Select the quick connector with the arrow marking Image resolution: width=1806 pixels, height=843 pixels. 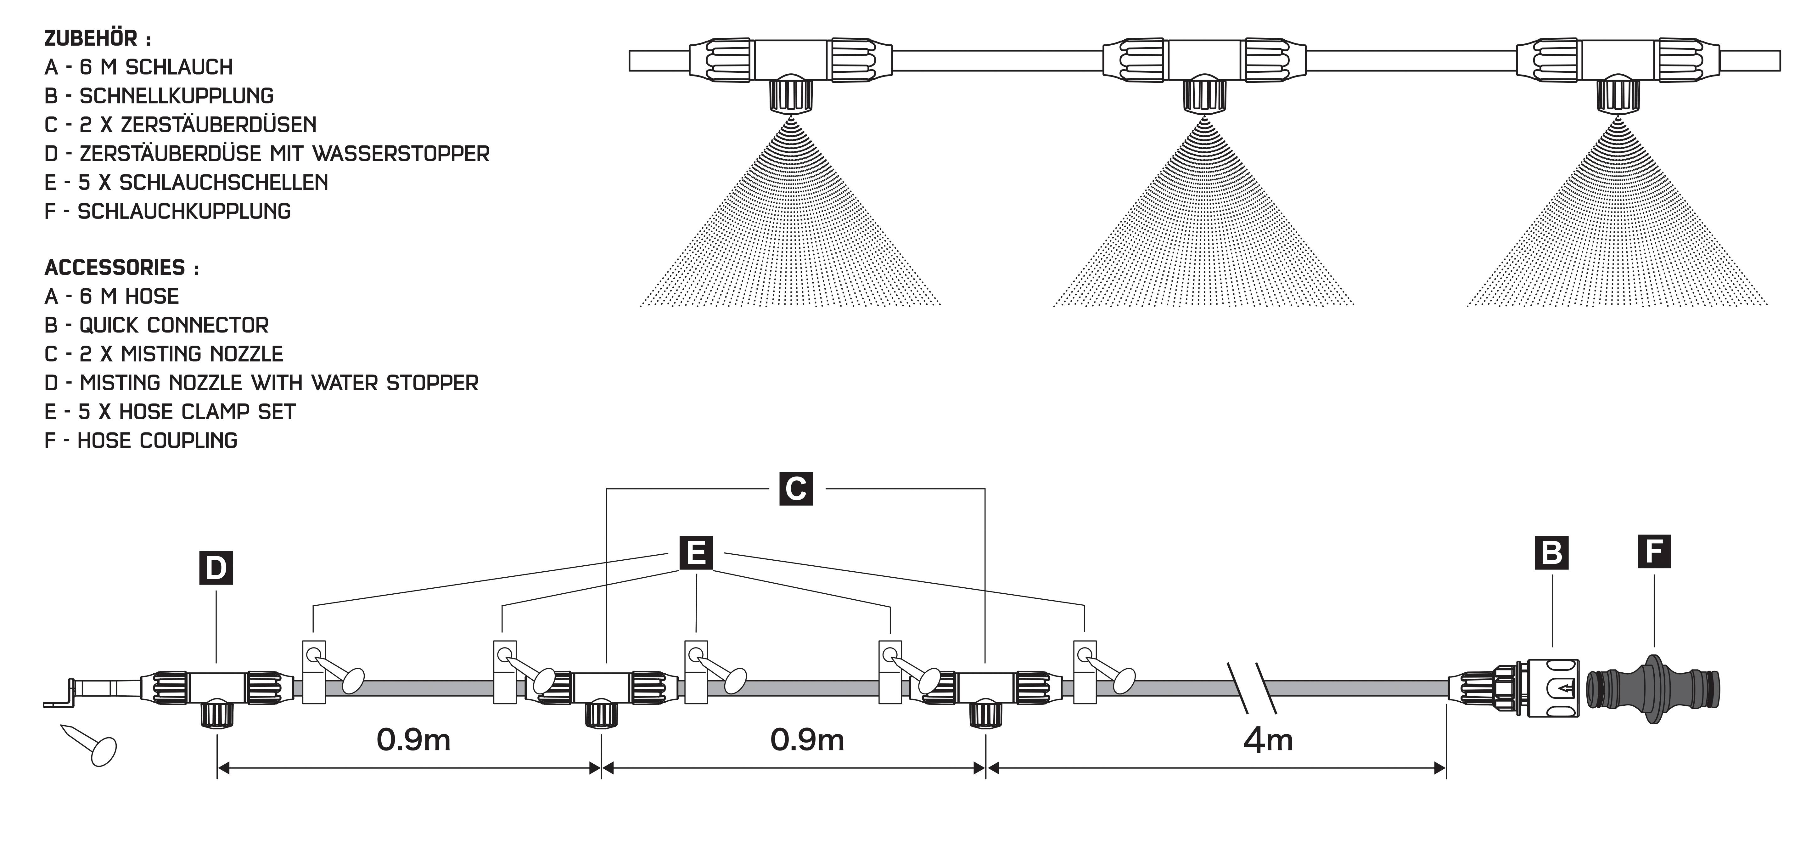pos(1552,689)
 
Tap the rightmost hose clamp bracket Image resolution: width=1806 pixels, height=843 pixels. pos(1085,671)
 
